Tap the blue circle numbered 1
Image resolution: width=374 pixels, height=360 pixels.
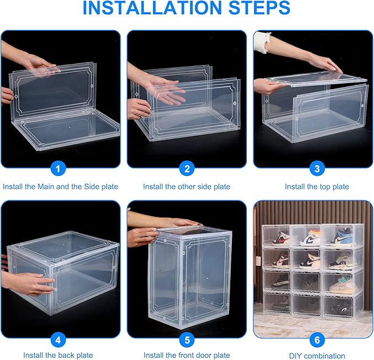[60, 169]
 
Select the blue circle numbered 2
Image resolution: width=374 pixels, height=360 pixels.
[187, 169]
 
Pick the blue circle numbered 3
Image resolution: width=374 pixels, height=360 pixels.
[317, 169]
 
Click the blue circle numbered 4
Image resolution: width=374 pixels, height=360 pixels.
[60, 340]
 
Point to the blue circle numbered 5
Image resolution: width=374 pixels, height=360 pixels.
[187, 340]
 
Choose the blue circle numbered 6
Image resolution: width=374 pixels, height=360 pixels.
[317, 340]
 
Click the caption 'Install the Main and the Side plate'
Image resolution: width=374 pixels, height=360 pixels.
[60, 187]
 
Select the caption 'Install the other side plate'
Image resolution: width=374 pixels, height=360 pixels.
[187, 187]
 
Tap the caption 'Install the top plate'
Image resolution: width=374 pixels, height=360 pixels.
[317, 187]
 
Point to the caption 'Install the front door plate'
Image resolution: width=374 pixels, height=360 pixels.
[187, 355]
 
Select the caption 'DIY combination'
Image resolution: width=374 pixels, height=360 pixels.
[317, 355]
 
